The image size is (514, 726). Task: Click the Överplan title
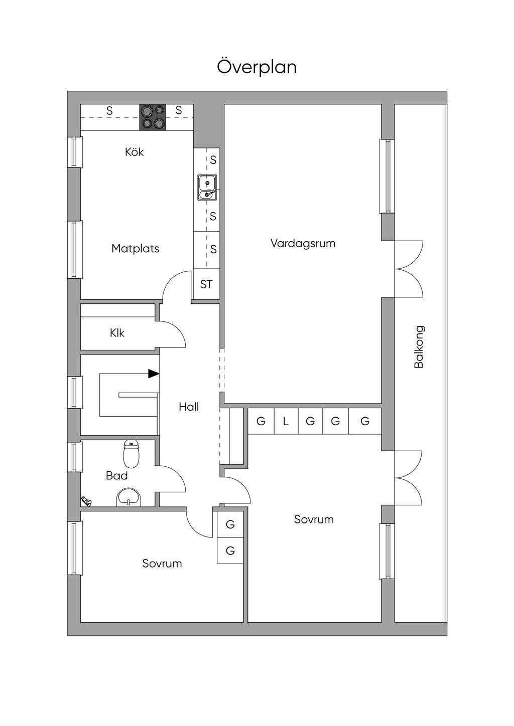pyautogui.click(x=256, y=67)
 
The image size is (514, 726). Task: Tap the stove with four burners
pyautogui.click(x=153, y=117)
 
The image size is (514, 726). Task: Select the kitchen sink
pyautogui.click(x=207, y=188)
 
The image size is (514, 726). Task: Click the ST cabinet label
pyautogui.click(x=206, y=284)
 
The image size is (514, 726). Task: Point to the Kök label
pyautogui.click(x=134, y=152)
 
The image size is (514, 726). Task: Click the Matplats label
pyautogui.click(x=136, y=249)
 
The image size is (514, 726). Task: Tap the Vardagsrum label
pyautogui.click(x=303, y=243)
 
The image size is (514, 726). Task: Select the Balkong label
pyautogui.click(x=419, y=347)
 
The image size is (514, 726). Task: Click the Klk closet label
pyautogui.click(x=117, y=333)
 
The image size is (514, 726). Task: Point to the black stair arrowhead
pyautogui.click(x=154, y=374)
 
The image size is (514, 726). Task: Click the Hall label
pyautogui.click(x=189, y=407)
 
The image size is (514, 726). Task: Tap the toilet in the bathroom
pyautogui.click(x=131, y=454)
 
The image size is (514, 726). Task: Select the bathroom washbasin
pyautogui.click(x=129, y=497)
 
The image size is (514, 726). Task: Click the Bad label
pyautogui.click(x=116, y=476)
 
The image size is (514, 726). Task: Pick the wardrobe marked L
pyautogui.click(x=286, y=421)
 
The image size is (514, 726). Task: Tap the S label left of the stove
pyautogui.click(x=110, y=111)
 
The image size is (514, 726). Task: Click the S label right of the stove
pyautogui.click(x=179, y=110)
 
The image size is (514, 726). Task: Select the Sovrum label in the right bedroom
pyautogui.click(x=314, y=519)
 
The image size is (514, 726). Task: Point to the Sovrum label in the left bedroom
pyautogui.click(x=162, y=564)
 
